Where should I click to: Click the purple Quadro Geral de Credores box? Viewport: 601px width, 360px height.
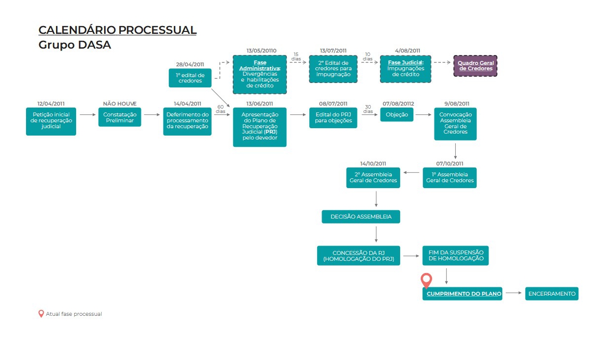click(x=475, y=66)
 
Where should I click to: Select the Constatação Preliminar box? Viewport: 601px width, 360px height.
click(x=120, y=117)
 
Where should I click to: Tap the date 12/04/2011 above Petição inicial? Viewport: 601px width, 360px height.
click(x=51, y=104)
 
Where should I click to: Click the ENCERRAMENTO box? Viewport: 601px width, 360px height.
click(x=551, y=294)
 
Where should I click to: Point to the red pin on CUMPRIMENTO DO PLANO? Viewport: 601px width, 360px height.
click(x=426, y=280)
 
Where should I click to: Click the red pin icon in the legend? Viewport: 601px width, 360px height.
click(x=41, y=313)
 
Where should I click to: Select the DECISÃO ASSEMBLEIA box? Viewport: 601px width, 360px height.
click(x=361, y=217)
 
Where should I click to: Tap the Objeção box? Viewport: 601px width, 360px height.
click(x=397, y=114)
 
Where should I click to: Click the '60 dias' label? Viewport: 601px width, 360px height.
click(x=220, y=109)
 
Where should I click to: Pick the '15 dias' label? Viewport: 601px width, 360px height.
click(x=296, y=56)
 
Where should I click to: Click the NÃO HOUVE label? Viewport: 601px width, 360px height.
click(x=120, y=104)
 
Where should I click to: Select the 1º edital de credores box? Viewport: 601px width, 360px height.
click(x=190, y=78)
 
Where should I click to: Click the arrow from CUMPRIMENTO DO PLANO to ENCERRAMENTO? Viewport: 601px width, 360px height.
click(x=514, y=293)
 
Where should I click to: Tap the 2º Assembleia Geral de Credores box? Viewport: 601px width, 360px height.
click(x=373, y=178)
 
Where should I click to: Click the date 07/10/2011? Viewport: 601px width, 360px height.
click(x=450, y=164)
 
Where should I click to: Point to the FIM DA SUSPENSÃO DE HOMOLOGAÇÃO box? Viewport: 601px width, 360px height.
click(x=456, y=255)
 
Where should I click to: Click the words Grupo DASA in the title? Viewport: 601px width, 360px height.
click(x=75, y=45)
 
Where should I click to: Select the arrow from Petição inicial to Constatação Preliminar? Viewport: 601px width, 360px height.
click(x=88, y=114)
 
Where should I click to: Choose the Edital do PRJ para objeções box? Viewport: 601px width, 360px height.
click(x=333, y=117)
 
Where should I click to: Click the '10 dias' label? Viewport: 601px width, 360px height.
click(x=368, y=56)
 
